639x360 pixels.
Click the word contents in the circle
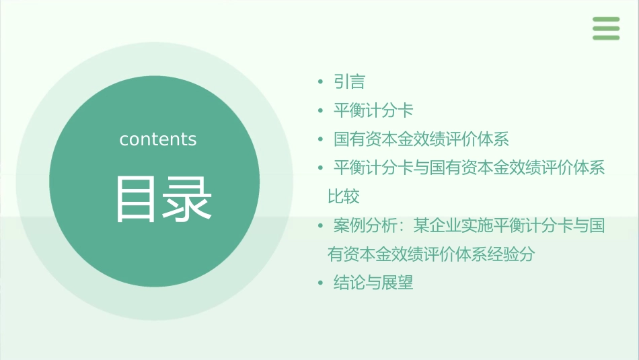pos(158,139)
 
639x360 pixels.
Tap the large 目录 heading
pos(163,199)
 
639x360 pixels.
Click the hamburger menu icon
pos(606,28)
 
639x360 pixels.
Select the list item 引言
pos(349,82)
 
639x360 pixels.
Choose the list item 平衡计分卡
pos(373,110)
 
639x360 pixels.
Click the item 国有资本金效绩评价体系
pos(421,139)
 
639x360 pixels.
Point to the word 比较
pos(343,196)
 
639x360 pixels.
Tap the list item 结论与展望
pos(373,283)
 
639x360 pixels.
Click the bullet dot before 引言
pos(321,83)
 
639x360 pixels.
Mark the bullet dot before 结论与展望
pos(321,283)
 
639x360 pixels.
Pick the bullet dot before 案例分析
pos(321,226)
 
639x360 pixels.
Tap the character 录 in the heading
pos(188,199)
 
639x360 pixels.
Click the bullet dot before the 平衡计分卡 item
pos(321,111)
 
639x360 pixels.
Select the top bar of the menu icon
pos(606,20)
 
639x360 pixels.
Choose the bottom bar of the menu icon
pos(606,37)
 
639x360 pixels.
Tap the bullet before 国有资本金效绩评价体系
pos(321,140)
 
